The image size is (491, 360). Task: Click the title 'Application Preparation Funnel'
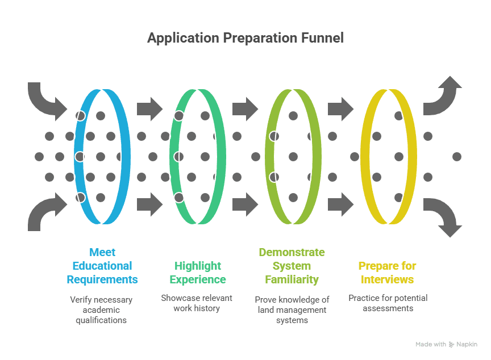coord(245,39)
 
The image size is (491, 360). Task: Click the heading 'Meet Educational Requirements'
coord(102,266)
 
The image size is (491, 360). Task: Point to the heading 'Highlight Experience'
coord(197,273)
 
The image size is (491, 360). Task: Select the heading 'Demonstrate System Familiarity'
coord(292,266)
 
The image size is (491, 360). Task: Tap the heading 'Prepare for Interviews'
coord(386,273)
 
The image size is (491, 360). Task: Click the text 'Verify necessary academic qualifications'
coord(102,309)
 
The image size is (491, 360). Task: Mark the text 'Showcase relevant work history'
coord(197,303)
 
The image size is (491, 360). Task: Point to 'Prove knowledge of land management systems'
coord(292,309)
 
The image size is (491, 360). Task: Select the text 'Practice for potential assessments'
coord(388,303)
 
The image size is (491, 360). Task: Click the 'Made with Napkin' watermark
coord(446,344)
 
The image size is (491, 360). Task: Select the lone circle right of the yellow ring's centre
coord(456,156)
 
